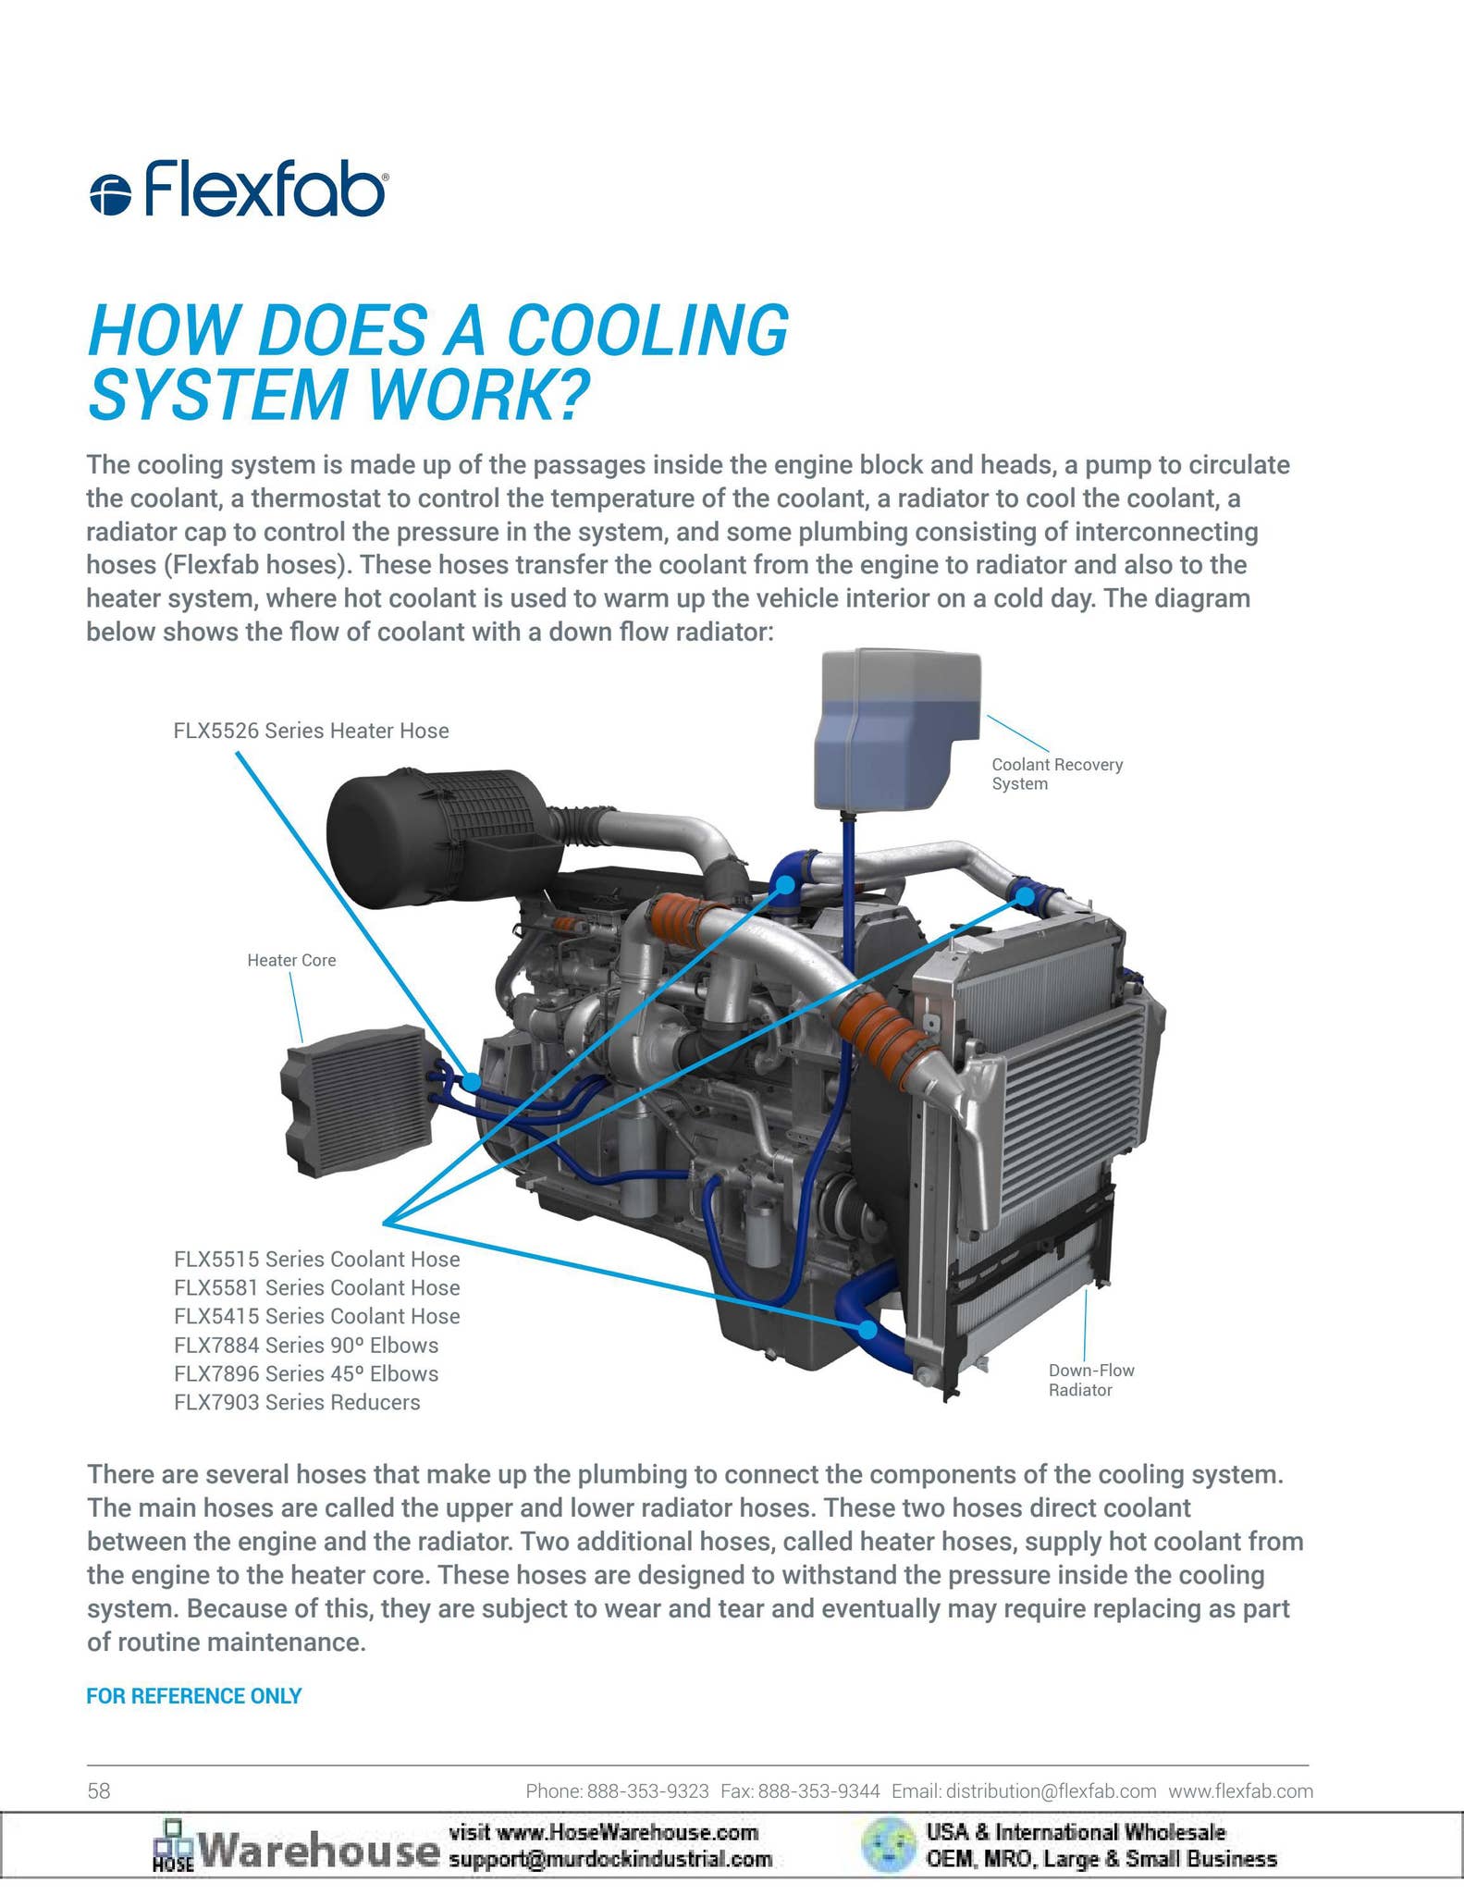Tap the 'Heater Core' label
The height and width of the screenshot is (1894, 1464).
point(291,961)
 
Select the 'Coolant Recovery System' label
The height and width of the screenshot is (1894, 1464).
point(1057,774)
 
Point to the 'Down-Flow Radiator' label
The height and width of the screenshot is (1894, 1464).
point(1091,1380)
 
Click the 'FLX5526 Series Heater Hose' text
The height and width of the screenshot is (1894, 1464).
point(311,731)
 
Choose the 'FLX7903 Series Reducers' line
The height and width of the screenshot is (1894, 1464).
point(297,1402)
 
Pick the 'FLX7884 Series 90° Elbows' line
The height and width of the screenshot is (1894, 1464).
point(306,1345)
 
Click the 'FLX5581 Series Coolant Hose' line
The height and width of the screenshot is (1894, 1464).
point(316,1287)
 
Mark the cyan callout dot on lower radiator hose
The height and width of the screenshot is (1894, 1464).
point(867,1329)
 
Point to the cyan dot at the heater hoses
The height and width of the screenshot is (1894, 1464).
point(472,1080)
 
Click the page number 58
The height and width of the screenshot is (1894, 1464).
point(99,1791)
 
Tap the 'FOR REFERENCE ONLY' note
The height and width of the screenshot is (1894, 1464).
point(194,1696)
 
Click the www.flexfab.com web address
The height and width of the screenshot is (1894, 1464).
point(1241,1791)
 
